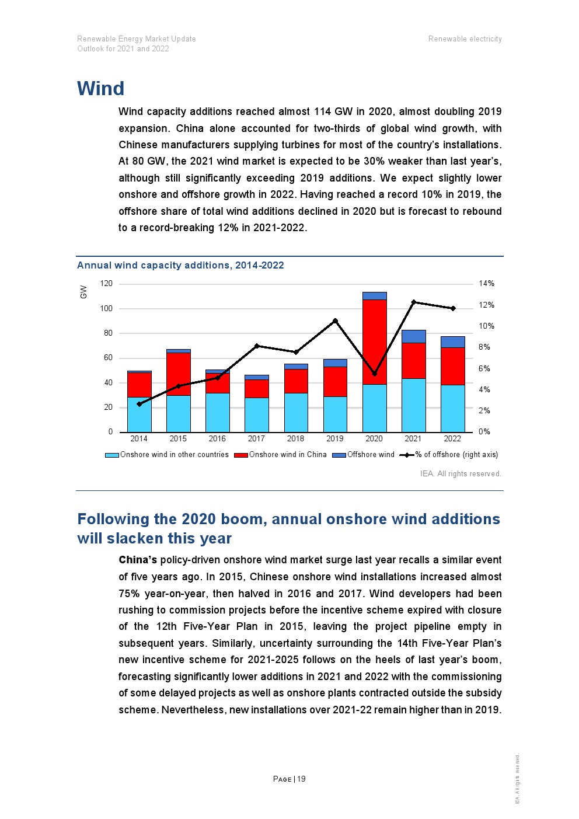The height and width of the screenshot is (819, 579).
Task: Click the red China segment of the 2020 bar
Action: (x=374, y=341)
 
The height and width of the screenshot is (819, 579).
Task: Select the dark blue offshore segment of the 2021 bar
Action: (x=413, y=336)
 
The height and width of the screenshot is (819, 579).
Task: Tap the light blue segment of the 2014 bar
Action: (x=139, y=414)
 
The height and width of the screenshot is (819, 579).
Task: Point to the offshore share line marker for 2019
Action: (x=335, y=320)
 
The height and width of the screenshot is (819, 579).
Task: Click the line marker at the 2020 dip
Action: (x=374, y=374)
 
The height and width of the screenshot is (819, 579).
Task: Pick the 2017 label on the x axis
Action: (x=256, y=439)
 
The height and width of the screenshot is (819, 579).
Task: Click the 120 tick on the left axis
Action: (x=106, y=284)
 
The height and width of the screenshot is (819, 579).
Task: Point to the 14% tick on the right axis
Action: (x=486, y=284)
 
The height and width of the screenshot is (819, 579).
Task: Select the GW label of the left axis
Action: (x=83, y=292)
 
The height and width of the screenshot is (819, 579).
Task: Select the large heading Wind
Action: (x=101, y=89)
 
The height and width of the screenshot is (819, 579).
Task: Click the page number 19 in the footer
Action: (x=301, y=779)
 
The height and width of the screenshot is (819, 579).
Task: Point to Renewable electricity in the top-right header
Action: (x=465, y=39)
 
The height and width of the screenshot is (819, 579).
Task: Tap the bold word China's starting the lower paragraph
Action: (x=138, y=560)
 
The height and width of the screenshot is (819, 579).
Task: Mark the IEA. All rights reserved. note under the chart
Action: (x=461, y=474)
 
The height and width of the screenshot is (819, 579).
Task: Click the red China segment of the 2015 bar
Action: (x=178, y=374)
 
